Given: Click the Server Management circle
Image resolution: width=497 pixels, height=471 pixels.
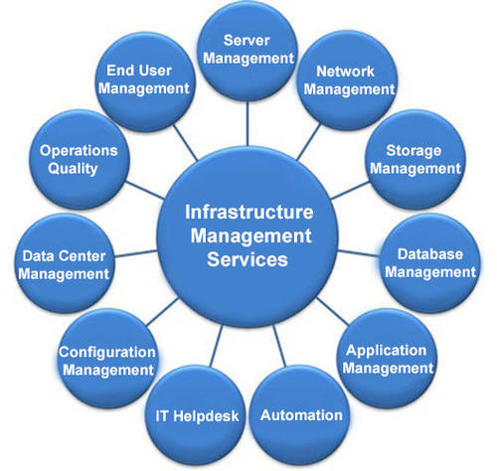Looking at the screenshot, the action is (x=248, y=52).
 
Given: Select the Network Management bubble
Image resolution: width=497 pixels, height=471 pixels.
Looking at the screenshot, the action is (x=347, y=80).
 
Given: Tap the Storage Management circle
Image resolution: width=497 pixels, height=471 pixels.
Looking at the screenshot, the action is (x=415, y=159).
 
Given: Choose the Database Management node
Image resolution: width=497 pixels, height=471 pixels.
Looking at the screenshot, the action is (x=430, y=263).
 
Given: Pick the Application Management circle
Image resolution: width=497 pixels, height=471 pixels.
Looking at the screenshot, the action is (x=387, y=359).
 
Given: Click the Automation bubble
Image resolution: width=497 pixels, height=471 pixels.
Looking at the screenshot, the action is (x=300, y=415).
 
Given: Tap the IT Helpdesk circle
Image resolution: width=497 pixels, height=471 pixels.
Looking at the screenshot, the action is (x=196, y=415).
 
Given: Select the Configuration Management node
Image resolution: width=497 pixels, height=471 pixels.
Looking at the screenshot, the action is (x=107, y=359).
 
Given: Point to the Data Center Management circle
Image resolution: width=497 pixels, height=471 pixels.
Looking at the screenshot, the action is (x=65, y=263).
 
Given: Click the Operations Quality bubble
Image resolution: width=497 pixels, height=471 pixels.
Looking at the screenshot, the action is (x=80, y=159).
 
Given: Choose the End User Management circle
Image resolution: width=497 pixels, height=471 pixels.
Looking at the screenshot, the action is (x=145, y=81).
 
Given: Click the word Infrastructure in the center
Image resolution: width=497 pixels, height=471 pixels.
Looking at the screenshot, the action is (x=248, y=212).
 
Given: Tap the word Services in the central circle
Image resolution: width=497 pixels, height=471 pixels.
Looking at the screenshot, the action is (x=248, y=259).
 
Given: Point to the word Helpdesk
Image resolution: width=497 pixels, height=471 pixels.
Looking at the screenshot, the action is (x=206, y=416).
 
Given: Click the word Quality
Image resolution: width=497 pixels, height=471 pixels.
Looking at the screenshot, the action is (x=73, y=169).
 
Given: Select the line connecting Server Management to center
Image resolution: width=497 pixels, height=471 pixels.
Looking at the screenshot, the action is (x=248, y=123).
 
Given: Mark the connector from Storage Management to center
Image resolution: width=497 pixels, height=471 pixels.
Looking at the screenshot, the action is (x=350, y=191).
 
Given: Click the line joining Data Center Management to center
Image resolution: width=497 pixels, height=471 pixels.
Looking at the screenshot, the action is (x=135, y=253).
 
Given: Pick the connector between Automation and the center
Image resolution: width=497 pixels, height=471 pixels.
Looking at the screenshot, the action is (x=279, y=346).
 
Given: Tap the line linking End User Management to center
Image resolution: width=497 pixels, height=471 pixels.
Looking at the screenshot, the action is (x=185, y=143).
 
